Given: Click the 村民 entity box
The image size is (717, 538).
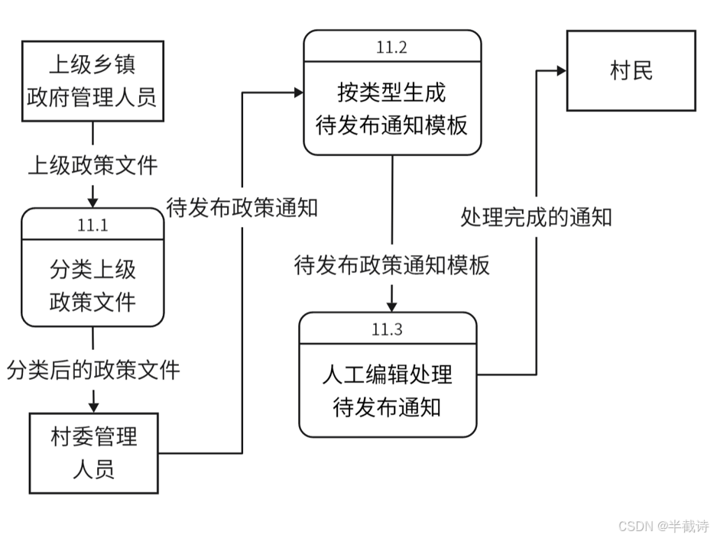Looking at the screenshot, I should coord(631,71).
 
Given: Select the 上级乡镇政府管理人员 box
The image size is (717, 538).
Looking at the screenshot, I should coord(92,80).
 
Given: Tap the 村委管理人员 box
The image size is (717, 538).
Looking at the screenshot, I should coord(93,453).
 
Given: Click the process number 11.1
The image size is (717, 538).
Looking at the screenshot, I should coord(92,225).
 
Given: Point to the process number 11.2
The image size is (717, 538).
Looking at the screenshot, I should coord(391,47).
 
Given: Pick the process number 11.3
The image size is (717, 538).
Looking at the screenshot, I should coord(387,329).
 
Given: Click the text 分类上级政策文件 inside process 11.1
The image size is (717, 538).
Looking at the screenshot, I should coord(92,285).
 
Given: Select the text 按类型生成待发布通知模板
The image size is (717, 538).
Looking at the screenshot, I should coord(391,108).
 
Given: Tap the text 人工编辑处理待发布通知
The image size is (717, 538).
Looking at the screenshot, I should coord(387,390).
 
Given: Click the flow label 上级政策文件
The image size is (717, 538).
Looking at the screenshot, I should coord(92,164).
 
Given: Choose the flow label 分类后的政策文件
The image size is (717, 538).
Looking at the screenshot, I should coord(93,370).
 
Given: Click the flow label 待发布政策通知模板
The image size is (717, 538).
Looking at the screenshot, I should coord(391,265).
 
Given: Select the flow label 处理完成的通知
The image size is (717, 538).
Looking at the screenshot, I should coord(536,217).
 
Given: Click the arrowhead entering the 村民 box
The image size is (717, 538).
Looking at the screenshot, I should coord(561,71).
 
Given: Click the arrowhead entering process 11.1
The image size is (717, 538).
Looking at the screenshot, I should coord(92,203).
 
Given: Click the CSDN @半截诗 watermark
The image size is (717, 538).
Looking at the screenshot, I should coord(663,526).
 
